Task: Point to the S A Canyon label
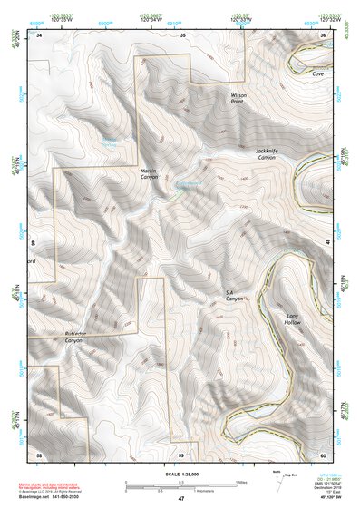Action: pos(235,295)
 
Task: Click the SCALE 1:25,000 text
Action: pos(180,475)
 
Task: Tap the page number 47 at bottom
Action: pos(180,500)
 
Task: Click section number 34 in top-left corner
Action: pos(39,34)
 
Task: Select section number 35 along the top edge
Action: pos(181,34)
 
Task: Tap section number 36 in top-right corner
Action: pos(324,34)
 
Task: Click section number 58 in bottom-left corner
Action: pos(39,453)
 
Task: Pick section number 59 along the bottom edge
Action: pos(181,453)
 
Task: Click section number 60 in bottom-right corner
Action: pos(324,453)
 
